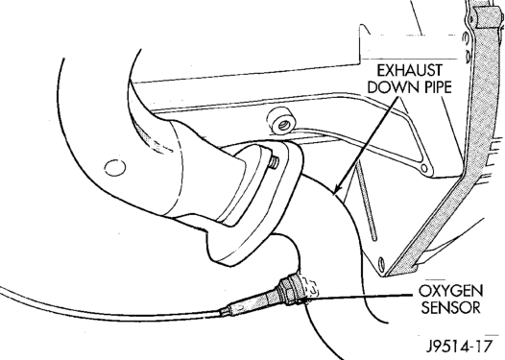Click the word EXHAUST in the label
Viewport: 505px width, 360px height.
(x=410, y=71)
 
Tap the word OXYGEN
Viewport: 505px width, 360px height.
(x=450, y=292)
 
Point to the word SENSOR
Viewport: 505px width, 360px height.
(x=451, y=307)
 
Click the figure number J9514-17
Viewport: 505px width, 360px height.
(x=460, y=347)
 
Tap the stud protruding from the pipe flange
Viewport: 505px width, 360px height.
(x=274, y=162)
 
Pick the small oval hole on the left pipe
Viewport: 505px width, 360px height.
(x=115, y=167)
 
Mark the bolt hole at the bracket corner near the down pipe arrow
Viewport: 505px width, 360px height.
(x=424, y=168)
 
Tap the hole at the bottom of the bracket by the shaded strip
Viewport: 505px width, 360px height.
(x=382, y=263)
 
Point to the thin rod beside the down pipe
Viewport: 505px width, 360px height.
(x=366, y=203)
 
